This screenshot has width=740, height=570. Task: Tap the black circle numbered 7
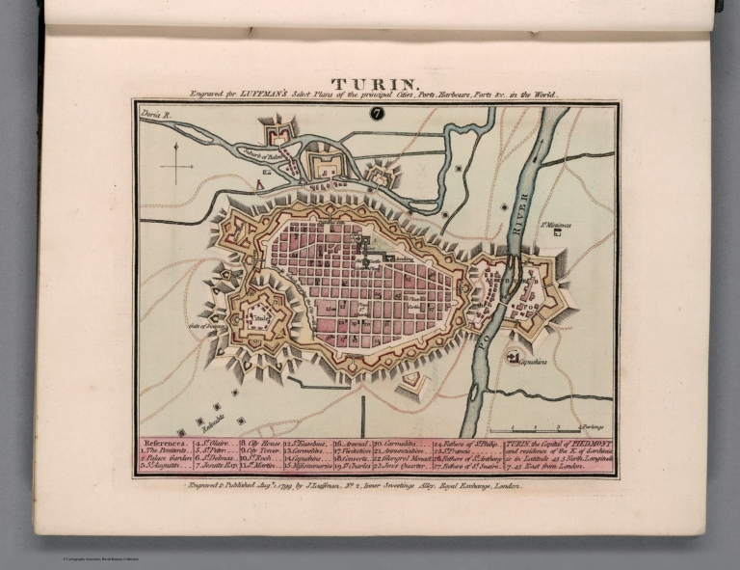coord(375,113)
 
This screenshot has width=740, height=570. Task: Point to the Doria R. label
coord(156,114)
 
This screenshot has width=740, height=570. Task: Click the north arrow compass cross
coord(176,165)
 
